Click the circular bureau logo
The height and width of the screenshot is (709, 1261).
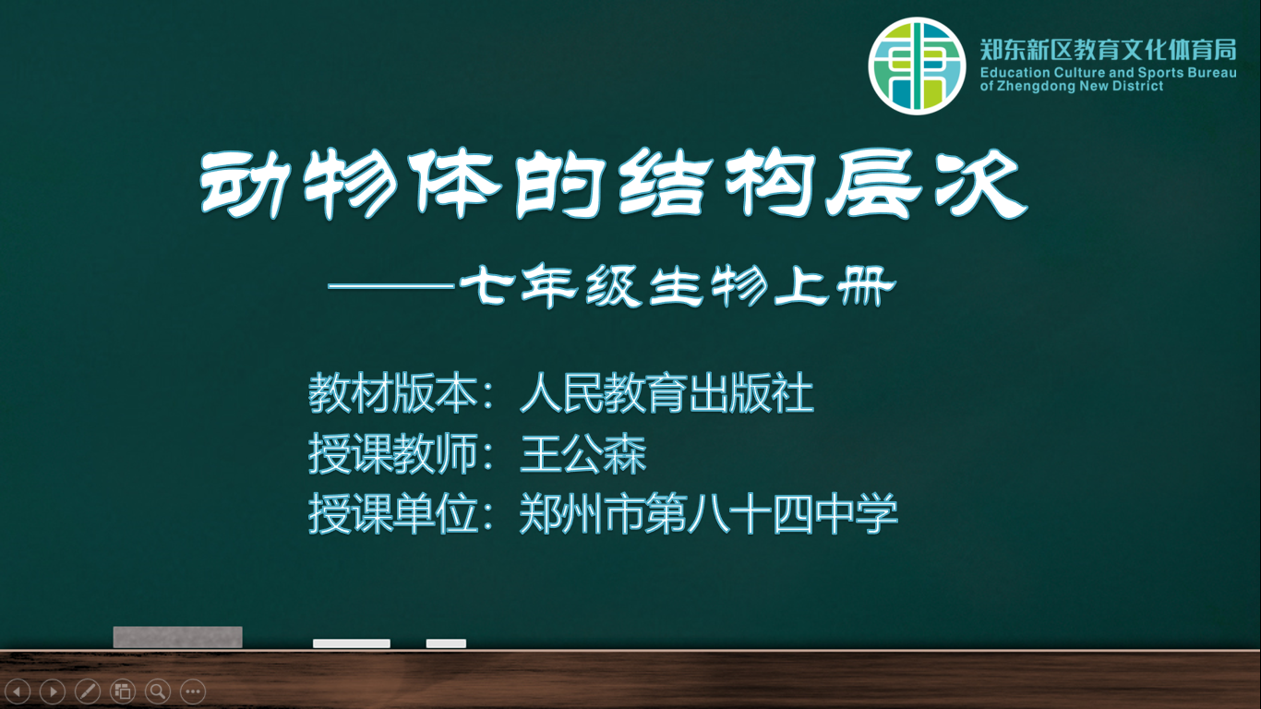click(917, 66)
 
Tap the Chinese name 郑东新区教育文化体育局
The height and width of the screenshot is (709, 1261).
click(1109, 50)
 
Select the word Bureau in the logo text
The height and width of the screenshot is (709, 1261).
click(1211, 73)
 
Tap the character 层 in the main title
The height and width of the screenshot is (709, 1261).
click(874, 184)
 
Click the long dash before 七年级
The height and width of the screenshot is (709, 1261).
click(391, 286)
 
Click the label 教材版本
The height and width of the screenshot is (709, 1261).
click(393, 392)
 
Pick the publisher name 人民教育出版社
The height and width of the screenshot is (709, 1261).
click(667, 392)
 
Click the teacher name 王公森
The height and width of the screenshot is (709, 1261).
click(582, 453)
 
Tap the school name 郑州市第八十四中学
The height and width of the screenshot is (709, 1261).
click(708, 513)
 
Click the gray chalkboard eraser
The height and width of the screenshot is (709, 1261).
click(178, 637)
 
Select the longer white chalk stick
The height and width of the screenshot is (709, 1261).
click(352, 643)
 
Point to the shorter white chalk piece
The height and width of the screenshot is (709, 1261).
click(446, 643)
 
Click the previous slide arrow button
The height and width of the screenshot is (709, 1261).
click(18, 691)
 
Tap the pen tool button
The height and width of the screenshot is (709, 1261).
click(88, 691)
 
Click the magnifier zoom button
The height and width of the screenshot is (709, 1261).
click(158, 691)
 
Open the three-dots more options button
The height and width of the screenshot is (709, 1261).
click(193, 691)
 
